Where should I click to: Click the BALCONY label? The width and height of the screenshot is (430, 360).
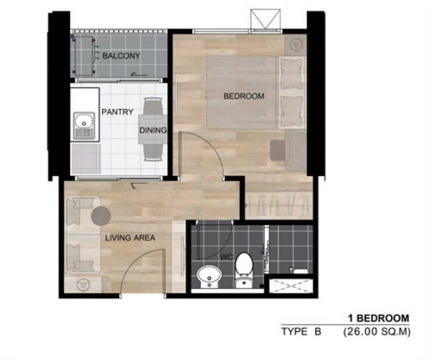[x=121, y=56]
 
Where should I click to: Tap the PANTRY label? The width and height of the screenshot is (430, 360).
[x=118, y=112]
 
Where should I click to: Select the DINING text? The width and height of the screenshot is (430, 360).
[x=153, y=130]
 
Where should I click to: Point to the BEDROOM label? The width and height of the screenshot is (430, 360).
[x=244, y=96]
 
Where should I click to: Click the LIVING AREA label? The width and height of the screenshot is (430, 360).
[x=130, y=238]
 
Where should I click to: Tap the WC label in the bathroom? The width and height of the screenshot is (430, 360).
[x=226, y=257]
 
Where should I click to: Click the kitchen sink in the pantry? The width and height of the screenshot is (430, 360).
[x=84, y=126]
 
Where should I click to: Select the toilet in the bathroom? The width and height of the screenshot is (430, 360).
[x=244, y=270]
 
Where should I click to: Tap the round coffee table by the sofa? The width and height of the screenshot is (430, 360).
[x=101, y=217]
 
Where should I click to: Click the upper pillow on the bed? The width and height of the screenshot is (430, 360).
[x=292, y=74]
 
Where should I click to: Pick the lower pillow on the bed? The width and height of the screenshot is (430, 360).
[x=292, y=111]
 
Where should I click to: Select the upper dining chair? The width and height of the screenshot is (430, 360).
[x=153, y=106]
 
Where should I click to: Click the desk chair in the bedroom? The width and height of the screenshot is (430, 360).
[x=280, y=150]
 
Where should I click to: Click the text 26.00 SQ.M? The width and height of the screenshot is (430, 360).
[x=377, y=332]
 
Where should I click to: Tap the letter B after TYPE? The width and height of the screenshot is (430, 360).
[x=318, y=332]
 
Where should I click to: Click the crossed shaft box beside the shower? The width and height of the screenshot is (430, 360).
[x=291, y=286]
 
